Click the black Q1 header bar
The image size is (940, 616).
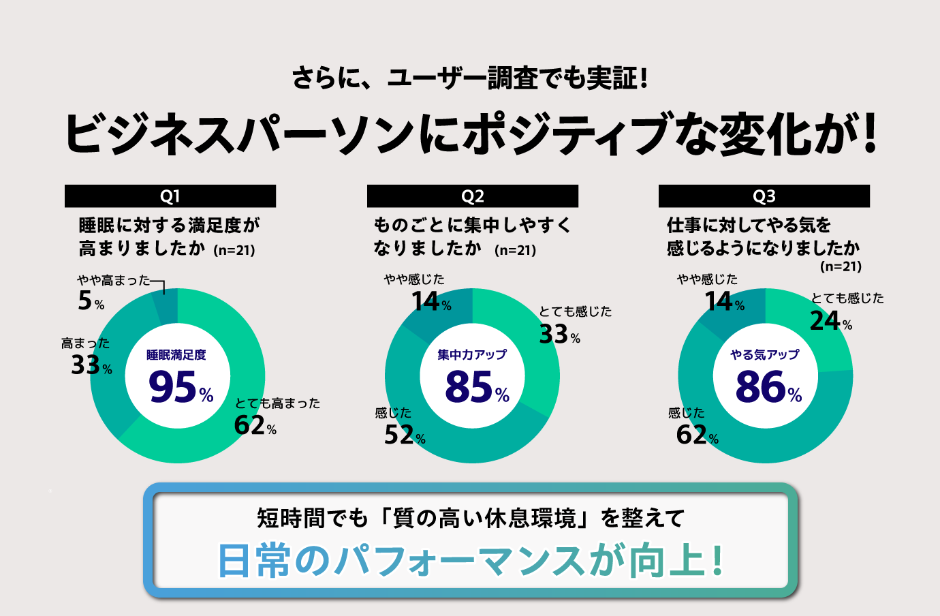click(x=170, y=196)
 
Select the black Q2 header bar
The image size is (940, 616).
click(x=472, y=196)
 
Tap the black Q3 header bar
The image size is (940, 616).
click(x=764, y=196)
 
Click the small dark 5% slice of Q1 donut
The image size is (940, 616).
click(x=166, y=305)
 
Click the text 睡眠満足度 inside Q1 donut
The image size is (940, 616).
click(x=176, y=355)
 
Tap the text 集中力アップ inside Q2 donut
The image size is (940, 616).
click(x=472, y=355)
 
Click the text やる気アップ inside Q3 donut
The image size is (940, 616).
click(x=764, y=355)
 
